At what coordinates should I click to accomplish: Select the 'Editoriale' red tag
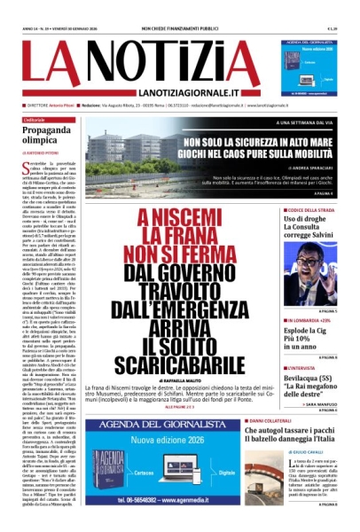coord(35,119)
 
